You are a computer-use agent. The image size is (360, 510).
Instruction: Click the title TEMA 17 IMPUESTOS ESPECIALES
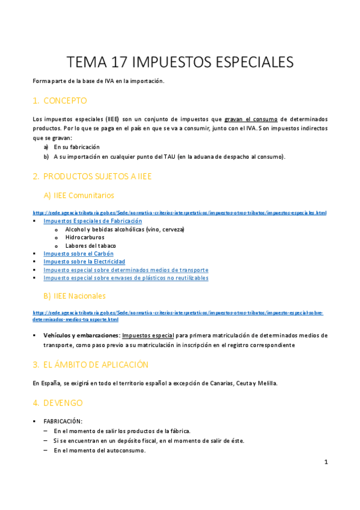180,62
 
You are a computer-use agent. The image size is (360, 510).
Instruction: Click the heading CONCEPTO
65,100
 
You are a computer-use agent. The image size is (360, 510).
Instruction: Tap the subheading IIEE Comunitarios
79,195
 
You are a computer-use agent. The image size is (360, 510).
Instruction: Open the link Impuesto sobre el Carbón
78,254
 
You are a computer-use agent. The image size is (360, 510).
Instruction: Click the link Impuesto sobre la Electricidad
84,262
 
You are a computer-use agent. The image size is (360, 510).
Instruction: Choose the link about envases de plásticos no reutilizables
126,278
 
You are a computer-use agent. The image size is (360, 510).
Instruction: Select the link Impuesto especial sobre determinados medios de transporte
126,270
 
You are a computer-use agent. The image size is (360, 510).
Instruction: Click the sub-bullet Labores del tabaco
91,245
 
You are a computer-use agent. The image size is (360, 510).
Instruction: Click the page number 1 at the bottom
325,462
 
